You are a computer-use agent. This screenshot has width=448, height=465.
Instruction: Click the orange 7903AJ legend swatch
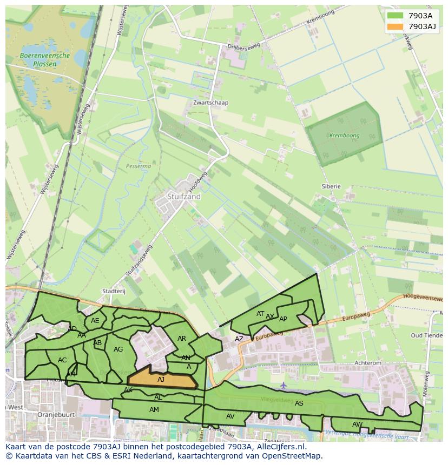[395, 26]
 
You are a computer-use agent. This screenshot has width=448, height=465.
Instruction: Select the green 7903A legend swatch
[395, 16]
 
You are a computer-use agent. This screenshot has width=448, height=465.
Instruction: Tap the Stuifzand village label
[183, 197]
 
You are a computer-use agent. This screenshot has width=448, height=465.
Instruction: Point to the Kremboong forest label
[344, 136]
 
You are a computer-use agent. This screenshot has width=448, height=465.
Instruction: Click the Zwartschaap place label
[210, 103]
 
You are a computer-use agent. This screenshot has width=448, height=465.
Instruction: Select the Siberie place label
[331, 186]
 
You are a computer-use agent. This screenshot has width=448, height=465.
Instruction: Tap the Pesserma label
[138, 166]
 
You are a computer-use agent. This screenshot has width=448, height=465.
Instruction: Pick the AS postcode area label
[299, 403]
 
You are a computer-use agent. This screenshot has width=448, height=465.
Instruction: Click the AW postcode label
[357, 424]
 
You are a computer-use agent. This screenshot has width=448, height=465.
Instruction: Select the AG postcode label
[118, 349]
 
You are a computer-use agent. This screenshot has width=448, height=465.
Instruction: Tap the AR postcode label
[182, 339]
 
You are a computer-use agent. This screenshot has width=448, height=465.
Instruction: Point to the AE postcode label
[95, 321]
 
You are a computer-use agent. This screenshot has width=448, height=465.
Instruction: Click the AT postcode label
[260, 314]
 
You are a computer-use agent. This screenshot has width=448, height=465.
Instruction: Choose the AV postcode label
[230, 416]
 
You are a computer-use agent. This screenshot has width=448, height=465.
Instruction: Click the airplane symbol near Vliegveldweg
[284, 386]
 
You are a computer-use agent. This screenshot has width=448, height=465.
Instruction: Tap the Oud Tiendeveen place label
[427, 335]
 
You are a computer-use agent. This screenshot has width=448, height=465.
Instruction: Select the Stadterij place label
[114, 291]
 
